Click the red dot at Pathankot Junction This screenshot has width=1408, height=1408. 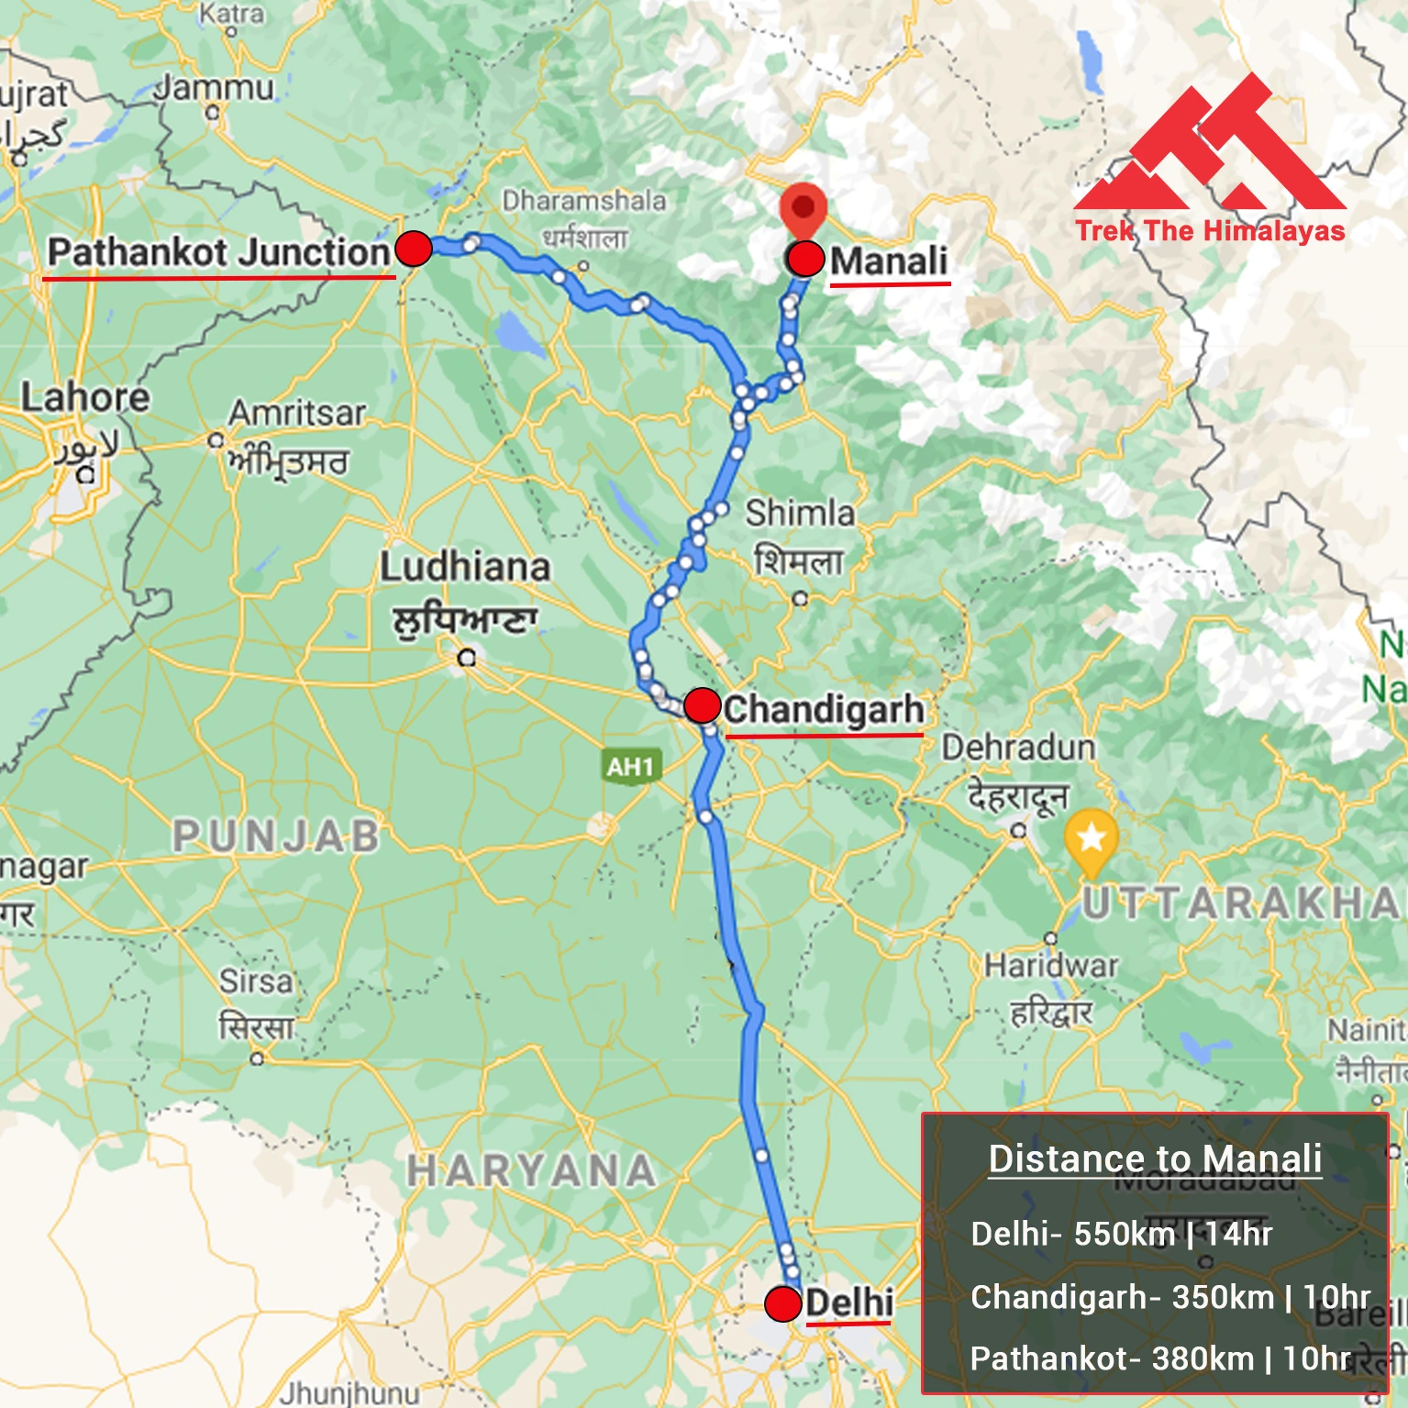(x=413, y=249)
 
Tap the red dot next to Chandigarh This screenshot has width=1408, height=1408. (x=702, y=705)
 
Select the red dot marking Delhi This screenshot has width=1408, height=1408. (x=782, y=1303)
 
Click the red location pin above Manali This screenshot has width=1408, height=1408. (x=804, y=210)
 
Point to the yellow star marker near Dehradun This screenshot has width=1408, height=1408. (x=1091, y=838)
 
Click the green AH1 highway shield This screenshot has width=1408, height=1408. (x=631, y=767)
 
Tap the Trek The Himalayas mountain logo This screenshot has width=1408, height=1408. (x=1210, y=147)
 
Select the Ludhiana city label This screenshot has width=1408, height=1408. (x=465, y=568)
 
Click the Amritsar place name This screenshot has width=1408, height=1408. (x=297, y=414)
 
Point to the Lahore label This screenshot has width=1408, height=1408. (x=85, y=398)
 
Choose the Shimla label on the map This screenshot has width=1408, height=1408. (x=799, y=514)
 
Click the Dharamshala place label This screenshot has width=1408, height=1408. (x=583, y=201)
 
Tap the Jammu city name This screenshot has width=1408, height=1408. (x=215, y=89)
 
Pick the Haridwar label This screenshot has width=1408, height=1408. (x=1051, y=966)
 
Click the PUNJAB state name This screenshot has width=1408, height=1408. (x=276, y=837)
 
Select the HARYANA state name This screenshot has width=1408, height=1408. (x=531, y=1171)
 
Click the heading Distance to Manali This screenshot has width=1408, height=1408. (x=1155, y=1159)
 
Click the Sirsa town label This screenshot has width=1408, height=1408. (x=256, y=981)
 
